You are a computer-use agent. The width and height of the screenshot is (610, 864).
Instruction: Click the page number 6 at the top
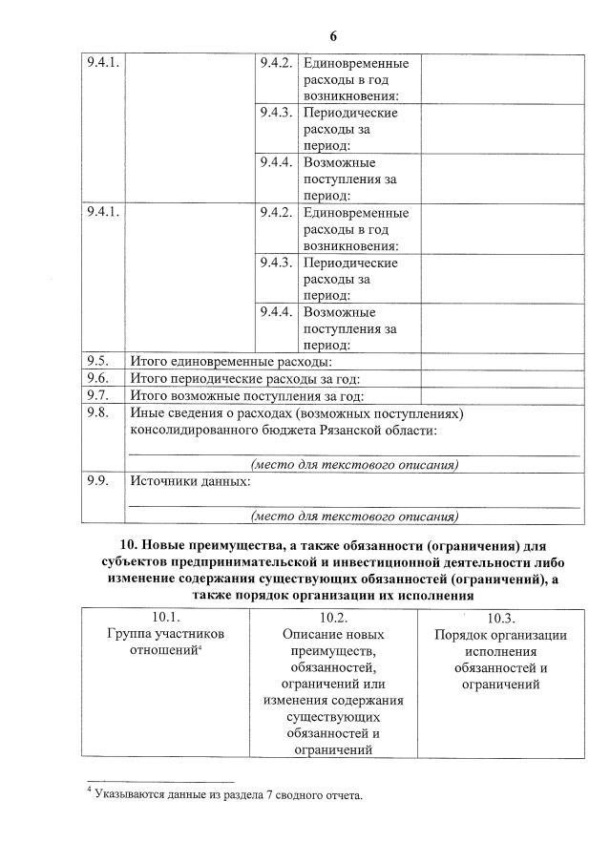pos(333,36)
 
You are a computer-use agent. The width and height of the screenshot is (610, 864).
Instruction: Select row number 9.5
pos(96,361)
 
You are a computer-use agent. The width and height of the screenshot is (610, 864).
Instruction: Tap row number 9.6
pos(96,378)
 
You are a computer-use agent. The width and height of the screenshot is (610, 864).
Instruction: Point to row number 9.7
pos(96,394)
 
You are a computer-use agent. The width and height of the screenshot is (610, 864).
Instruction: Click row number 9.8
pos(96,412)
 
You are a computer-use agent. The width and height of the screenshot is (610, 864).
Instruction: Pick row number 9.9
pos(96,481)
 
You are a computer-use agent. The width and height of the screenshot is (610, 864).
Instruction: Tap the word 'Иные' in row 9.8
pos(144,413)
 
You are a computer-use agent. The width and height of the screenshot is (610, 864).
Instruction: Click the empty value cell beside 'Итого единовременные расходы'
pos(502,362)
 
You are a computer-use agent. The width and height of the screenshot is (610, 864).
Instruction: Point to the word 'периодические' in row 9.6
pos(210,379)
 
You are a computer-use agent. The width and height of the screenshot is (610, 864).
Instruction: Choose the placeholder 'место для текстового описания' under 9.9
pos(354,516)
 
